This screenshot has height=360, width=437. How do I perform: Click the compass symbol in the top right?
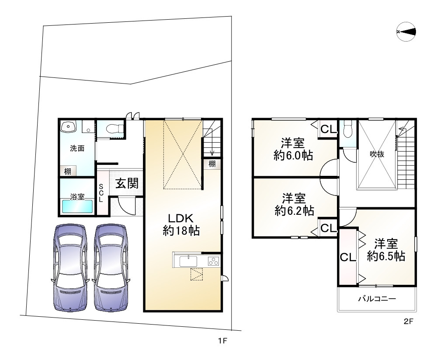click(406, 31)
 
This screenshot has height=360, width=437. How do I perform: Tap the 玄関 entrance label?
click(127, 183)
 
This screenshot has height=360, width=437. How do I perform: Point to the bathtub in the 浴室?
click(77, 206)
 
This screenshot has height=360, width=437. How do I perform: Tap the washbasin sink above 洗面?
click(69, 127)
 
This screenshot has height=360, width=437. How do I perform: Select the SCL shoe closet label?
click(101, 193)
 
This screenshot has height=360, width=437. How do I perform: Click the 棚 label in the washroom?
click(68, 171)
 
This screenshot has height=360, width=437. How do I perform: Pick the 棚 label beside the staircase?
click(212, 164)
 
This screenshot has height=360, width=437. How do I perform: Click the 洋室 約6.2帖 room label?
click(294, 204)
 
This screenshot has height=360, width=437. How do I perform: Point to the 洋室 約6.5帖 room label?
click(385, 249)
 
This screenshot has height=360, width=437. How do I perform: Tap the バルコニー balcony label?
click(377, 299)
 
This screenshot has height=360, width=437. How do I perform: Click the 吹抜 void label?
click(377, 154)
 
